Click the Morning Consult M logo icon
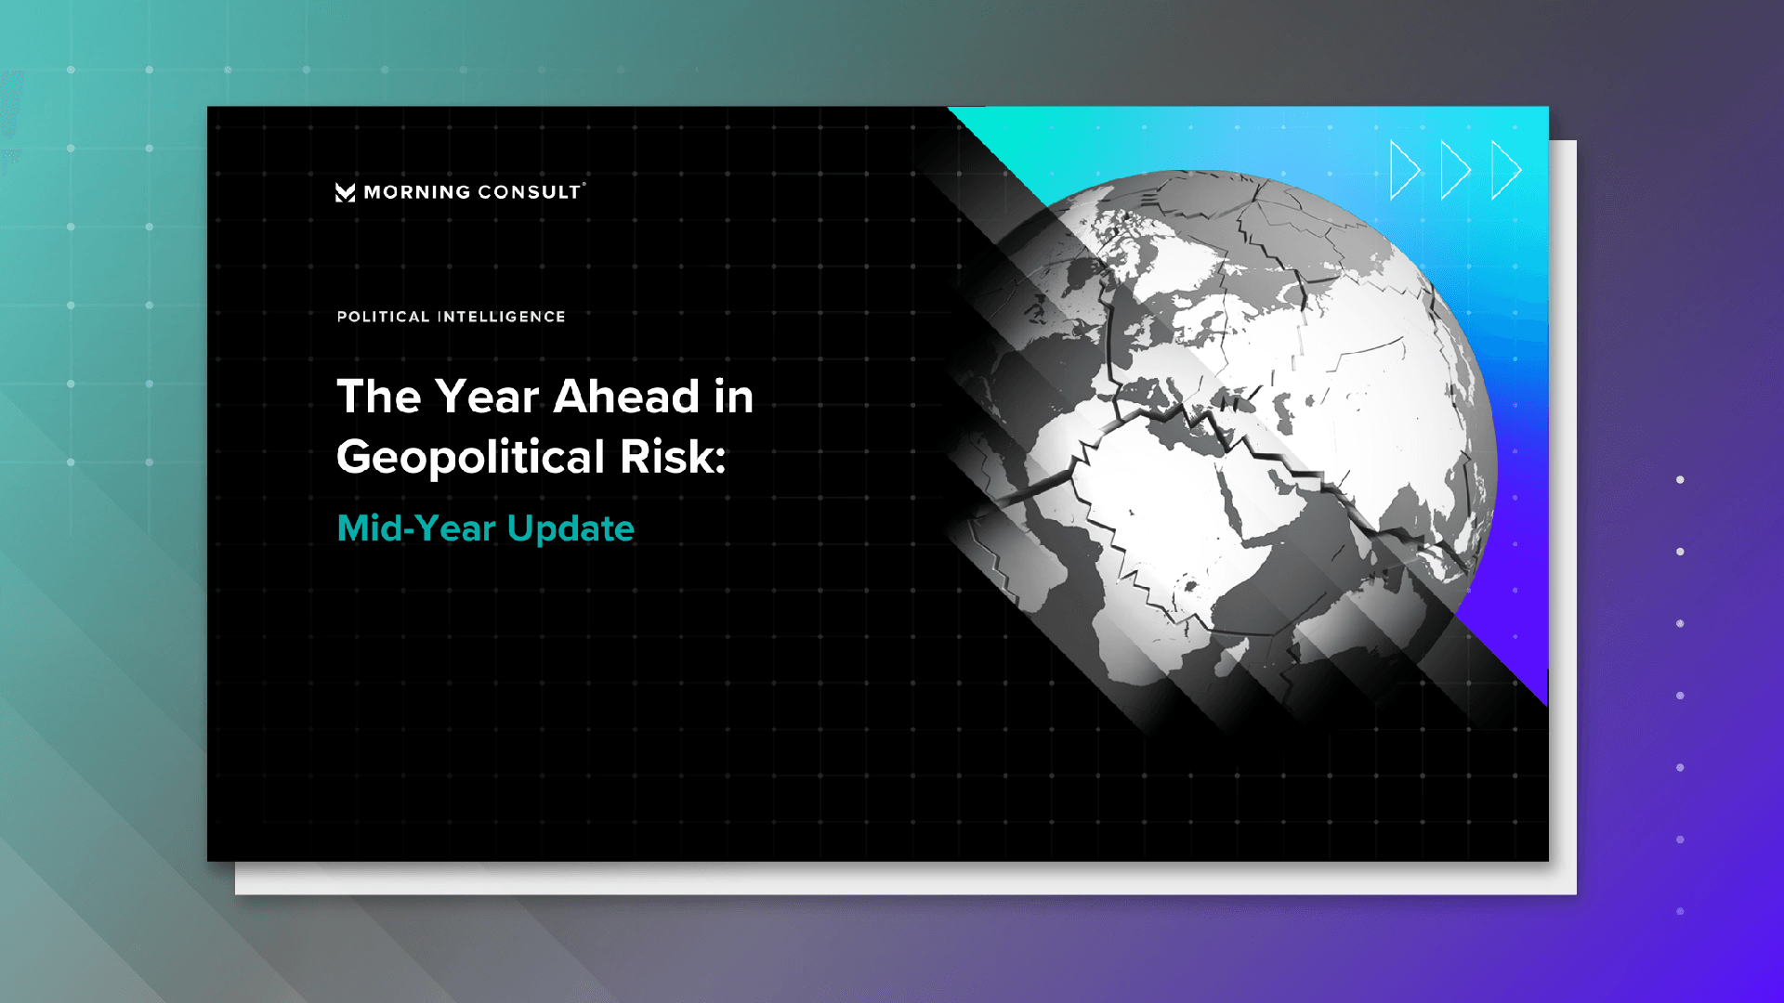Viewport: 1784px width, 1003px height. pyautogui.click(x=345, y=192)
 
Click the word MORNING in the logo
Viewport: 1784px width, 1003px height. pyautogui.click(x=417, y=192)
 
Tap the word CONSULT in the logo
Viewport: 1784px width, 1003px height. pyautogui.click(x=530, y=192)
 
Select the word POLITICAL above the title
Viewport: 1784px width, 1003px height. pyautogui.click(x=383, y=317)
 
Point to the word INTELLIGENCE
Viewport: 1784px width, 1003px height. pyautogui.click(x=502, y=317)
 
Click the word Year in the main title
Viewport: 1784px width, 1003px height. pyautogui.click(x=487, y=397)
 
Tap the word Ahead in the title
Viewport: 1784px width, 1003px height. pyautogui.click(x=626, y=397)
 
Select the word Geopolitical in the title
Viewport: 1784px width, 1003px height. pyautogui.click(x=471, y=458)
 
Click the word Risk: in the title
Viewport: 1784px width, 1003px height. pyautogui.click(x=673, y=457)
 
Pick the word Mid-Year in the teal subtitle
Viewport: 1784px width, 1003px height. pyautogui.click(x=416, y=528)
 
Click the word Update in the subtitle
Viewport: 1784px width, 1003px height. pyautogui.click(x=571, y=529)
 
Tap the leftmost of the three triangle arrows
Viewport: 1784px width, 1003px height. pyautogui.click(x=1405, y=170)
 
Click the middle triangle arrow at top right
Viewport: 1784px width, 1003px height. pyautogui.click(x=1455, y=170)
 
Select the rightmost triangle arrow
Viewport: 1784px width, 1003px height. pyautogui.click(x=1506, y=170)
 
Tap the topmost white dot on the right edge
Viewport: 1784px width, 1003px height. pyautogui.click(x=1680, y=480)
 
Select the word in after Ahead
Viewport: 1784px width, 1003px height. pyautogui.click(x=733, y=397)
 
